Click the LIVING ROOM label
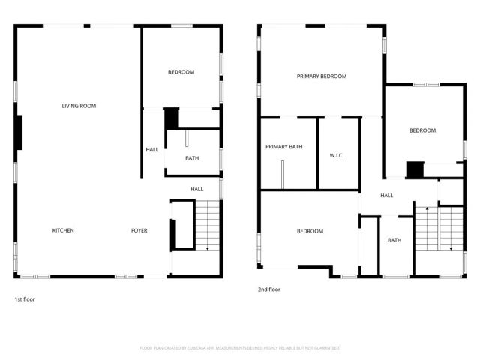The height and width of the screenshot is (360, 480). (x=79, y=106)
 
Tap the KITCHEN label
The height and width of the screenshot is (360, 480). (x=63, y=230)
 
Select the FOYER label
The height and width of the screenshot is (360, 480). (x=139, y=230)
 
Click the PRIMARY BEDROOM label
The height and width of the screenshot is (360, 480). (x=322, y=76)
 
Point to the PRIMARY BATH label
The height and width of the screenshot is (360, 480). (x=284, y=146)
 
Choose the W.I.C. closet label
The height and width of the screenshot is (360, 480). (x=336, y=156)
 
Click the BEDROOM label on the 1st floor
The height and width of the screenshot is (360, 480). (x=181, y=72)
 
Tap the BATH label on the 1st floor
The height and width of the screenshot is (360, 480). (x=192, y=158)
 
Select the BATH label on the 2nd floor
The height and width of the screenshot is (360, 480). (x=394, y=241)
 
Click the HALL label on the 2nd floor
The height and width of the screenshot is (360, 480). (x=386, y=196)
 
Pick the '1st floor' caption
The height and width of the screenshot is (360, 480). (x=24, y=299)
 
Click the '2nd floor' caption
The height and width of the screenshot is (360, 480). (x=269, y=289)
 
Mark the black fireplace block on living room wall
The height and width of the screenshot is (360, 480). (x=19, y=133)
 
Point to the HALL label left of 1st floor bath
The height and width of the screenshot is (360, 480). (x=152, y=150)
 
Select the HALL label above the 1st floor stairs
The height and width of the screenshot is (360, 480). (x=197, y=189)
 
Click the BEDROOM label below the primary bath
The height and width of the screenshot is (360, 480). (x=310, y=231)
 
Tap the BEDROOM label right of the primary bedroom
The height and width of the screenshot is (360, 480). (x=422, y=130)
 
